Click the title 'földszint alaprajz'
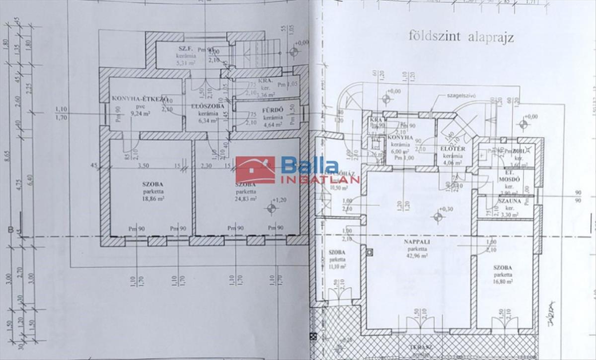[461, 36]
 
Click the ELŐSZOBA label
[209, 106]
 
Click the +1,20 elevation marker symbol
[271, 208]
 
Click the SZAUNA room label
[510, 201]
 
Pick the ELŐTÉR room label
[452, 148]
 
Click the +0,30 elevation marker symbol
[438, 216]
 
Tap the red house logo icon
[255, 170]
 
